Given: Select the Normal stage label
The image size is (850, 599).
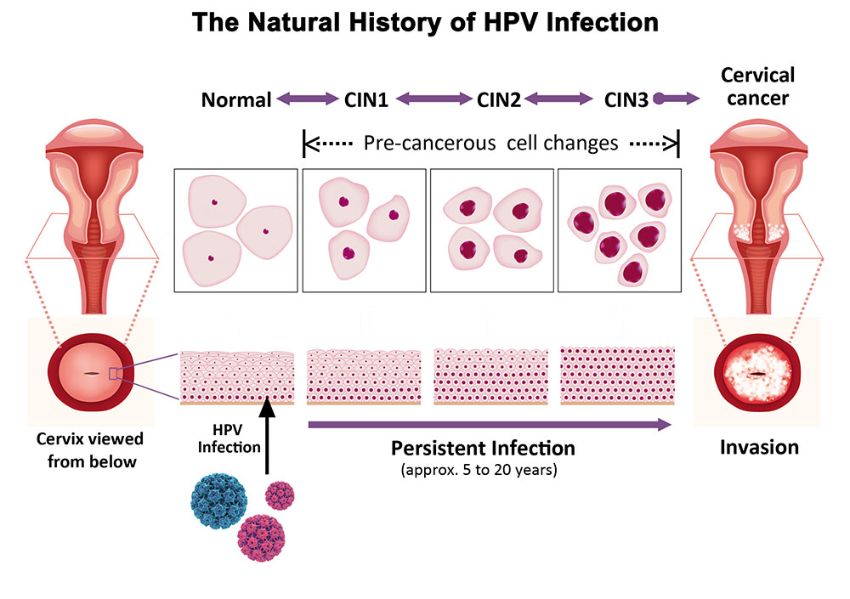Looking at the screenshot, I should [x=236, y=100].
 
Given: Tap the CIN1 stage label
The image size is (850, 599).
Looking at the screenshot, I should [x=366, y=100].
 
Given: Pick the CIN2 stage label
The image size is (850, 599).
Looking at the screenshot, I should [x=498, y=100].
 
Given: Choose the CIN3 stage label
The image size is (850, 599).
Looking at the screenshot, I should [x=626, y=100].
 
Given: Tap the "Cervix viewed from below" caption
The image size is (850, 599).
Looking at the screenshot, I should [x=90, y=450].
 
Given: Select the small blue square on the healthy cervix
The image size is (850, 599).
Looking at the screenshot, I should [x=115, y=373].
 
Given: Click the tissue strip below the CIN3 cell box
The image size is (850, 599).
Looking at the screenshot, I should [x=618, y=375].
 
